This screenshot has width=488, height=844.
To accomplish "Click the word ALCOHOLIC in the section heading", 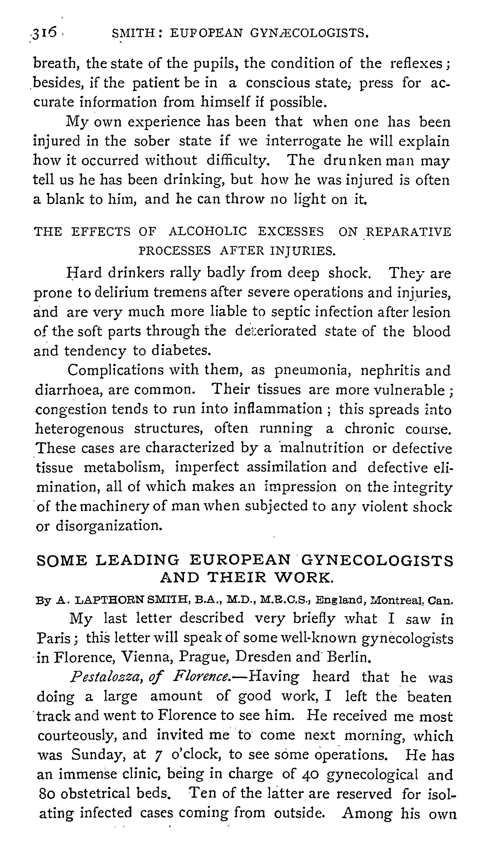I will click(208, 232).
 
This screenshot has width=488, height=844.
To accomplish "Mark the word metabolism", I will click(124, 467).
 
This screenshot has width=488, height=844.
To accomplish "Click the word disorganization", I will click(109, 526).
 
